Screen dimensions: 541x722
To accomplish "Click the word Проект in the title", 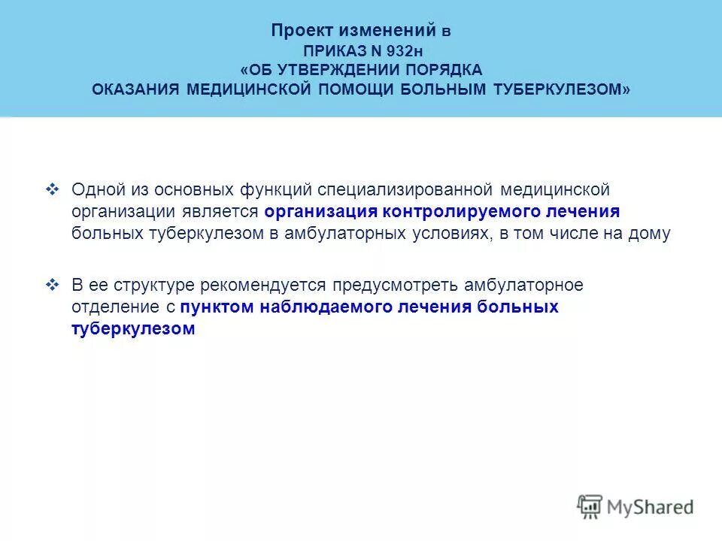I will (299, 31).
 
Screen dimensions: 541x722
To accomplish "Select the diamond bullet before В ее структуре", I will (52, 285).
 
